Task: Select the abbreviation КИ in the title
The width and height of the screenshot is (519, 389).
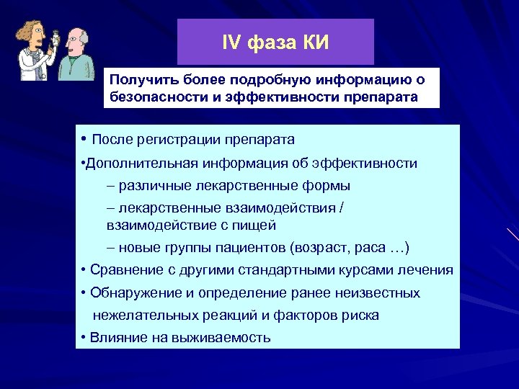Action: (315, 43)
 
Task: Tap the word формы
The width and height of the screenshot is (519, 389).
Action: (331, 186)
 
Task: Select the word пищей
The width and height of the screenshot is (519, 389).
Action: (252, 225)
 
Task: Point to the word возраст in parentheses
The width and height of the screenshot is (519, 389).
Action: (315, 248)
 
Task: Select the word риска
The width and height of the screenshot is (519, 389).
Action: (360, 316)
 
